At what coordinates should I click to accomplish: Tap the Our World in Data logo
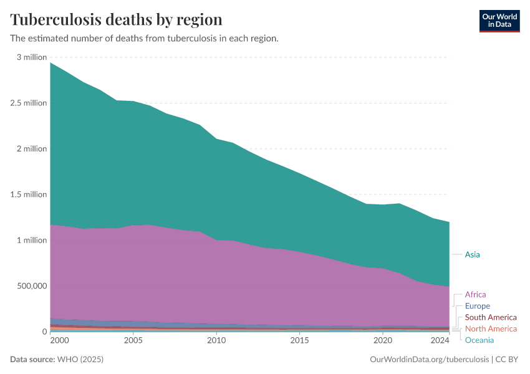point(499,21)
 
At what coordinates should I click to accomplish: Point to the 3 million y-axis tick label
point(32,57)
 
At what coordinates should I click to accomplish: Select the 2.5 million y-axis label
point(29,103)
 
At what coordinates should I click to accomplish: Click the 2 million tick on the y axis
point(32,149)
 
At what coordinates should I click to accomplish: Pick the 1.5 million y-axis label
point(29,194)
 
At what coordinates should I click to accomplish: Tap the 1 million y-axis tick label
point(32,241)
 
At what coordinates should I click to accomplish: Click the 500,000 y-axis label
point(31,286)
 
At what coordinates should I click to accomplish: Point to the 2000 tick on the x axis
point(59,340)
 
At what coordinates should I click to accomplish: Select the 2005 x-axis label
point(133,340)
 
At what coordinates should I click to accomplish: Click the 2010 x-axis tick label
point(216,340)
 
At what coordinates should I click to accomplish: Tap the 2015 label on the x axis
point(300,340)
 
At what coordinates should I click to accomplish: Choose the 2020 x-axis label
point(383,340)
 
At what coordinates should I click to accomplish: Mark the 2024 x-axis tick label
point(440,340)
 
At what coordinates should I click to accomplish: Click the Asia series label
point(472,254)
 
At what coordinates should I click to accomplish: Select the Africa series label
point(475,294)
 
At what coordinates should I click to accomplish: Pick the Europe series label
point(477,306)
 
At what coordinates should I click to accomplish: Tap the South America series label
point(491,317)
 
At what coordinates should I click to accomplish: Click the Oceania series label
point(479,340)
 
